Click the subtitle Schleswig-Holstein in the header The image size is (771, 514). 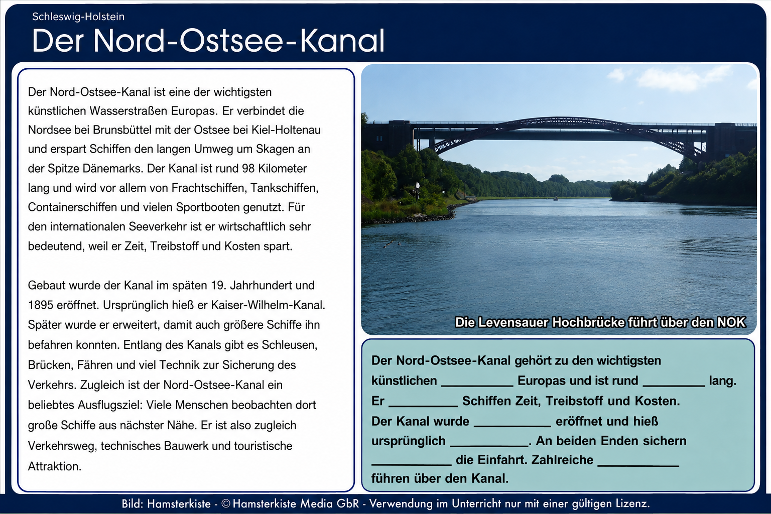78,17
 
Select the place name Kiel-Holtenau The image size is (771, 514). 286,130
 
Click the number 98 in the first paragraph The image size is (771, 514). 248,168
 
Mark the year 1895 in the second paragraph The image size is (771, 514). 41,305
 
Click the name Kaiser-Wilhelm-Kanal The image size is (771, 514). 268,305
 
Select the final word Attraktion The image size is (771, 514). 54,466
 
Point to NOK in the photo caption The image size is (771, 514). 731,323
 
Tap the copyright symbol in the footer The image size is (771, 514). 226,503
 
